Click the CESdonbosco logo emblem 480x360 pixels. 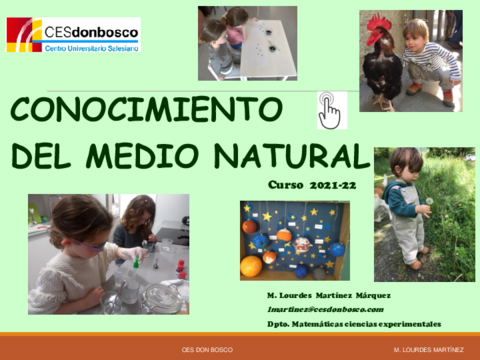[24, 34]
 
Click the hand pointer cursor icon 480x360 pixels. [329, 111]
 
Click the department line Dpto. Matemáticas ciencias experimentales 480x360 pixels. [354, 323]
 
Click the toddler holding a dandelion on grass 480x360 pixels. [405, 205]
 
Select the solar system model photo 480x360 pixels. [294, 240]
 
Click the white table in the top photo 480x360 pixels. [265, 50]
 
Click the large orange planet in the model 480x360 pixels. [251, 266]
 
